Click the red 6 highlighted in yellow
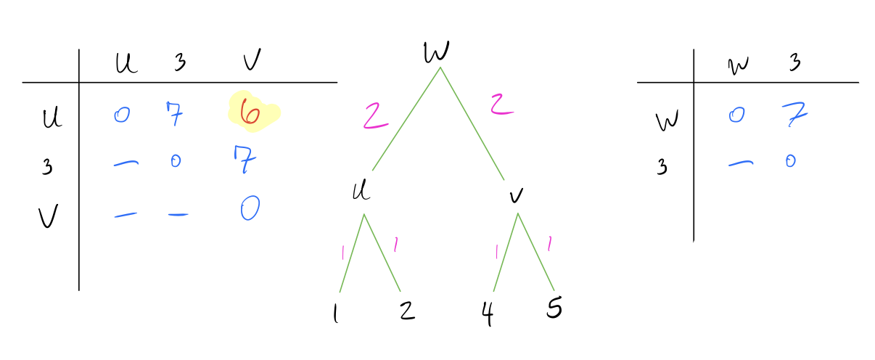click(x=250, y=112)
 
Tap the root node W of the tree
click(x=436, y=52)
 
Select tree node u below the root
click(x=361, y=191)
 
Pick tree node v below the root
click(x=517, y=196)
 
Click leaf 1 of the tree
click(x=335, y=313)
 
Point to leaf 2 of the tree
click(x=408, y=311)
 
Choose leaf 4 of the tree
click(x=487, y=313)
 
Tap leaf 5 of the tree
click(x=554, y=307)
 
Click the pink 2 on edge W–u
click(x=375, y=115)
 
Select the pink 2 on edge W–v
click(x=502, y=105)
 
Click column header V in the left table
click(x=252, y=60)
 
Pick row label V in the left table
click(x=49, y=216)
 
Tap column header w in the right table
click(x=739, y=65)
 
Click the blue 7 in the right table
click(x=795, y=114)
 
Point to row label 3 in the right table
click(x=661, y=166)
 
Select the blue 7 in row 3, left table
click(x=245, y=159)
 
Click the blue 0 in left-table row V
click(x=250, y=208)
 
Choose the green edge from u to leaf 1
click(x=352, y=253)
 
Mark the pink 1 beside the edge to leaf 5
click(x=550, y=244)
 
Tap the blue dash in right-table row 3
click(x=741, y=163)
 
